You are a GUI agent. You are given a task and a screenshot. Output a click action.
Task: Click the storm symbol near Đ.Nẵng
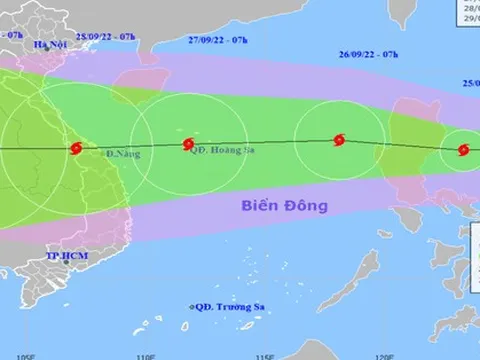[75, 149]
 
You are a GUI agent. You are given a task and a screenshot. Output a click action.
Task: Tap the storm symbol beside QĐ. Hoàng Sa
[188, 145]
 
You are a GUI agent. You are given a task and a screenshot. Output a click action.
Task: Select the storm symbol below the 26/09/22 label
[340, 142]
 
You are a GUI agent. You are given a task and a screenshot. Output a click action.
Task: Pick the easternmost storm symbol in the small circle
[462, 151]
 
